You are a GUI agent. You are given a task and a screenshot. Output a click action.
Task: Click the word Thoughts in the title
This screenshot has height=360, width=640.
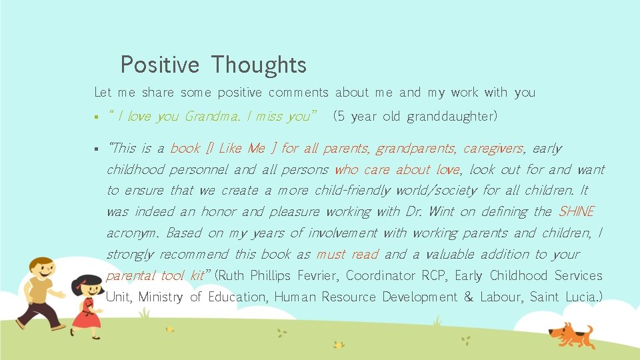(x=259, y=65)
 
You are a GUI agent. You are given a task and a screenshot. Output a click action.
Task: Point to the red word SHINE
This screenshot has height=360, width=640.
(x=576, y=212)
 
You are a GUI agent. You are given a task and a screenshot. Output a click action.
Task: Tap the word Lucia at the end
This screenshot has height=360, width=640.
(x=583, y=297)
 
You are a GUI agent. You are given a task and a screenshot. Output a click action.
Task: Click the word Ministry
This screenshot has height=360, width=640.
(x=161, y=297)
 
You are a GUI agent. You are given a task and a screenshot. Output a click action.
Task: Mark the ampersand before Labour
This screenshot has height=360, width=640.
(x=468, y=297)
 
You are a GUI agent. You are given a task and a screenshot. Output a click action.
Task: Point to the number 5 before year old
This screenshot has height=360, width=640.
(x=341, y=117)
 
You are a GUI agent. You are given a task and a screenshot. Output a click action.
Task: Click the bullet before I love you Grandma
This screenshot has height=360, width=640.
(x=97, y=117)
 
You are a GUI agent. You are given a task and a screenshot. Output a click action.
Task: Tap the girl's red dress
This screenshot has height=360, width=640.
(x=86, y=315)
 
